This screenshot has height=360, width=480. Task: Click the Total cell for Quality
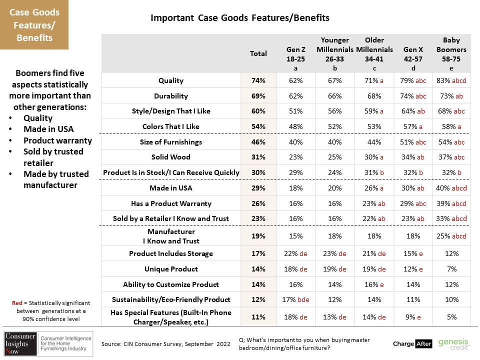coord(258,80)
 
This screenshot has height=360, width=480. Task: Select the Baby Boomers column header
coord(451,54)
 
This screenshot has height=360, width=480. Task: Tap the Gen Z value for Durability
coord(295,96)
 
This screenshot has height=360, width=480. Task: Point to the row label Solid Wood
coord(171,157)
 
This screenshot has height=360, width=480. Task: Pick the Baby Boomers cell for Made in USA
coord(451,188)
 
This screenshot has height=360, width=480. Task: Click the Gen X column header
coord(413,58)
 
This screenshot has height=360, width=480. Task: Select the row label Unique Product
coord(171,269)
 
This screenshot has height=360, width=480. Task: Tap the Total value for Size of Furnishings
coord(258,142)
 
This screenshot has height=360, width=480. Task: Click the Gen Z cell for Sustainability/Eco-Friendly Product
coord(295,299)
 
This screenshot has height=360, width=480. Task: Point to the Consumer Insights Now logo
coord(48,343)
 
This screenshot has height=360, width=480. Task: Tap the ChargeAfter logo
coord(412,344)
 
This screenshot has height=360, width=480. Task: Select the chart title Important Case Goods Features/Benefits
coord(240,18)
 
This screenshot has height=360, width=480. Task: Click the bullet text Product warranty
coord(57,140)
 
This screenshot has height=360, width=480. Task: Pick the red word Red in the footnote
coord(17,303)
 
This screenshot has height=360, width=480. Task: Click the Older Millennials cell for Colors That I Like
coord(374,126)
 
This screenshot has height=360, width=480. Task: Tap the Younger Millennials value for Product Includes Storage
coord(334,253)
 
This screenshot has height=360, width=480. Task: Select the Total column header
coord(258,53)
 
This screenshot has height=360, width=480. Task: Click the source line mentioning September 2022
coord(165,344)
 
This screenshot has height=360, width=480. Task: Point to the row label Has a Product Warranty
coord(171,203)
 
